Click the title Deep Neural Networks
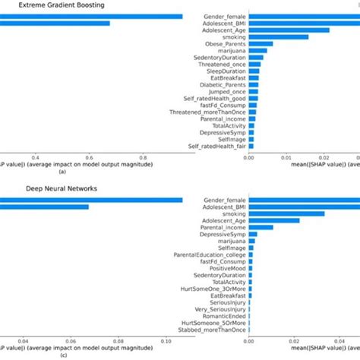click(54, 188)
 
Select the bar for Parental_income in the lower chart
click(261, 226)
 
